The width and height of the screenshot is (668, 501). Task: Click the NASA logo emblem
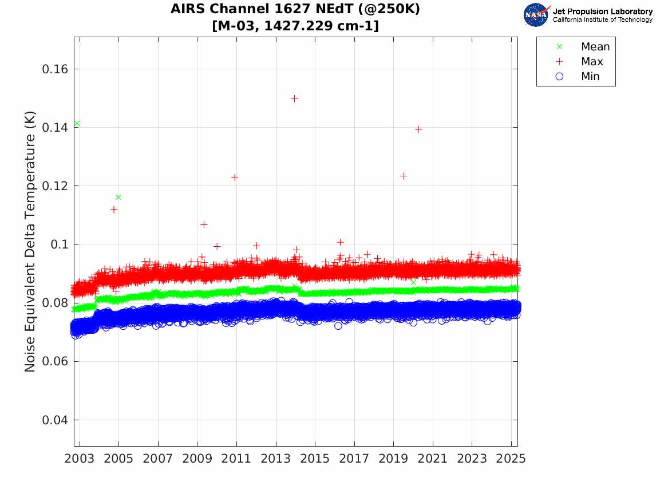click(536, 15)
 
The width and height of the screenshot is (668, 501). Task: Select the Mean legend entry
click(584, 46)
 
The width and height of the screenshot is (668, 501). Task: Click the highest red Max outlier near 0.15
click(294, 98)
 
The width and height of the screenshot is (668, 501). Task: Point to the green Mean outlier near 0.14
click(77, 124)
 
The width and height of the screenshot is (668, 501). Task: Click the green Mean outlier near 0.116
click(118, 197)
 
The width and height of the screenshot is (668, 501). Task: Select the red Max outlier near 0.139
click(418, 129)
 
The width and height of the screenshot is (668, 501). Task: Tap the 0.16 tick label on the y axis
click(55, 69)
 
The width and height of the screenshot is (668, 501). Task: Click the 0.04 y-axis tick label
click(55, 420)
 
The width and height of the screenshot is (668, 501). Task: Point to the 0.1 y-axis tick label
click(59, 244)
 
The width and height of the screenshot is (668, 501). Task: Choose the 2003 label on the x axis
click(79, 459)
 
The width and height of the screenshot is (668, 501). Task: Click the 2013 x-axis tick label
click(276, 459)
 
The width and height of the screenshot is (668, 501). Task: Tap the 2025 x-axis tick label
click(511, 459)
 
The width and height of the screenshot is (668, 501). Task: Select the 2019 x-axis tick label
click(394, 459)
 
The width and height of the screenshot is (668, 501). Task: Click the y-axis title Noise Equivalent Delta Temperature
click(30, 242)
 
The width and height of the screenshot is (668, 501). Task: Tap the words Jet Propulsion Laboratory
click(603, 11)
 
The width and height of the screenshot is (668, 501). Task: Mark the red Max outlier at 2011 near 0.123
click(234, 177)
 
